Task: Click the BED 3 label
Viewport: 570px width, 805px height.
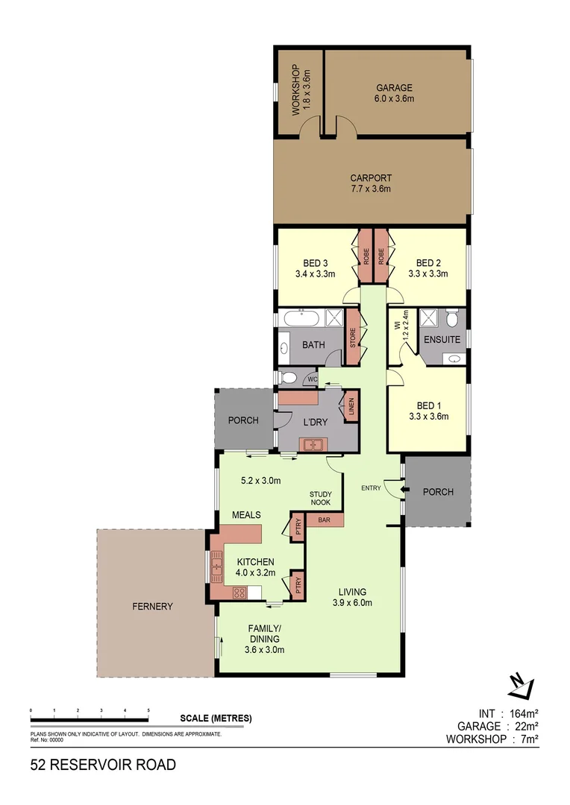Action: click(315, 263)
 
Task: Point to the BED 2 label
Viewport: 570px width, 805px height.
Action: click(428, 263)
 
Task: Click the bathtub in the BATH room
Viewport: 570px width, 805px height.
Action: click(301, 319)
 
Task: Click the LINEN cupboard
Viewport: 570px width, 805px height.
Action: click(351, 408)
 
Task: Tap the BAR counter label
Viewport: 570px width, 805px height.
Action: click(325, 520)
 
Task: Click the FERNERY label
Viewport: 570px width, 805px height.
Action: click(154, 606)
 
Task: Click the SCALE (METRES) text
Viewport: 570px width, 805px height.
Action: click(216, 719)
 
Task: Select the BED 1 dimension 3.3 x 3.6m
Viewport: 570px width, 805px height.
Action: click(428, 417)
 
